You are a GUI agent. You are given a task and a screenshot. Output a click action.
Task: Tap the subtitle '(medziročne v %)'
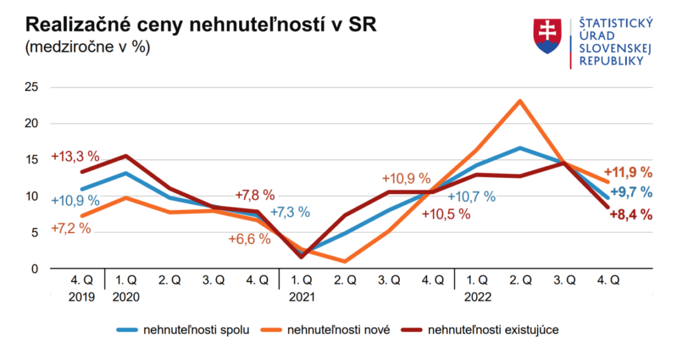[x=87, y=48]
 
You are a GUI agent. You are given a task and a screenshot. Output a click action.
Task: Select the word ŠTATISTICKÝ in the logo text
[x=615, y=23]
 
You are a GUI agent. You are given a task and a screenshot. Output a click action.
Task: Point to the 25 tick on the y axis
[x=31, y=87]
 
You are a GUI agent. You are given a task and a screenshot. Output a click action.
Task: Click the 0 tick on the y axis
[x=35, y=269]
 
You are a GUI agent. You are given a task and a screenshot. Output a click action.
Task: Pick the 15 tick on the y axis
[x=31, y=160]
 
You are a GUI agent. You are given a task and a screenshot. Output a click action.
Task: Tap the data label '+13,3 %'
[x=75, y=156]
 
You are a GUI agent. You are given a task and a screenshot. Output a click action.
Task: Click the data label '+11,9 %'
[x=628, y=172]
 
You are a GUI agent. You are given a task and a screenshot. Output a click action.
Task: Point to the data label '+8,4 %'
[x=631, y=215]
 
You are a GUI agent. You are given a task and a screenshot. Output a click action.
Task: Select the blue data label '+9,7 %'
[x=631, y=192]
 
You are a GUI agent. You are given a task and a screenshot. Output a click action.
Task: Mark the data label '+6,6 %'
[x=249, y=239]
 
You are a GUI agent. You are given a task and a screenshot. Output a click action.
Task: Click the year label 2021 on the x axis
[x=301, y=296]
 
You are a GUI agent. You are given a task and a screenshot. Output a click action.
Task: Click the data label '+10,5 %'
[x=446, y=214]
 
